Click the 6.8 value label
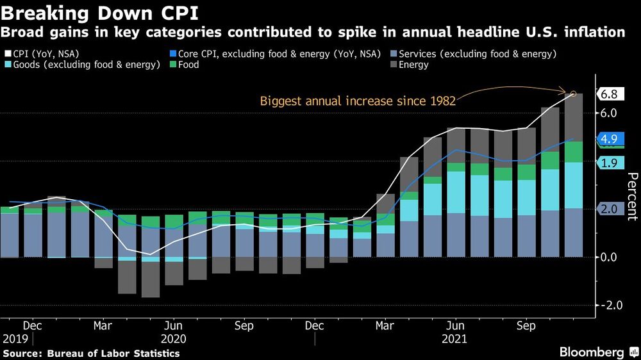[609, 94]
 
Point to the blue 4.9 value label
[609, 139]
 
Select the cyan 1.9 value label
[609, 163]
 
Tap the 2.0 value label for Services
[609, 208]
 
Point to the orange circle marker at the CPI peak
[573, 94]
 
